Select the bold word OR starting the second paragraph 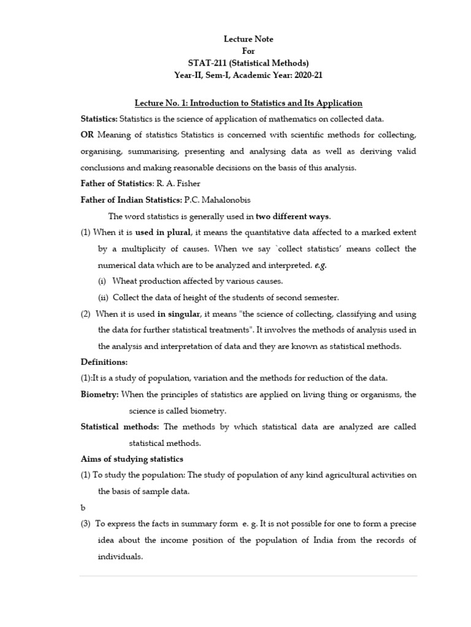point(88,135)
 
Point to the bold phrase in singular point(178,314)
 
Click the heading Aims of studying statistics point(132,459)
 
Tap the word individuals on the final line point(120,557)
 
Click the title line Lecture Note point(248,39)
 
